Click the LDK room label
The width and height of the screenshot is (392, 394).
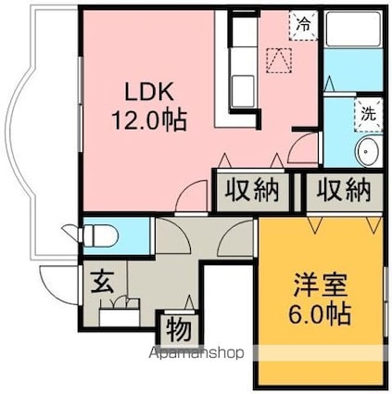coord(148,91)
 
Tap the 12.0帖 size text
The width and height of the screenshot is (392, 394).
coord(149,120)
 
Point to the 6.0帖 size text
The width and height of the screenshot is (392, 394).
coord(320,313)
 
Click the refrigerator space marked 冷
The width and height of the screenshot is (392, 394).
coord(304,25)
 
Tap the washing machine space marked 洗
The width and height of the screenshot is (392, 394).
coord(369,115)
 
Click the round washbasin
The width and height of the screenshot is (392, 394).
coord(368,151)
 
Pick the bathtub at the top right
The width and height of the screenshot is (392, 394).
coord(353,29)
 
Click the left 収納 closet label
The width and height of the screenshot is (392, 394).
coord(252,191)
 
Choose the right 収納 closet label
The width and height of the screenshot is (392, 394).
coord(343,191)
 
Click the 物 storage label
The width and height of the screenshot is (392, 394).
coord(179,330)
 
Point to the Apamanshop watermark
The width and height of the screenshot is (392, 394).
coord(196,353)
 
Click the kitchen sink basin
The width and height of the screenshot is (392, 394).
coord(243,91)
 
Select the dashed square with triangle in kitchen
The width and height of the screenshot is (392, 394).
coord(279,60)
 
